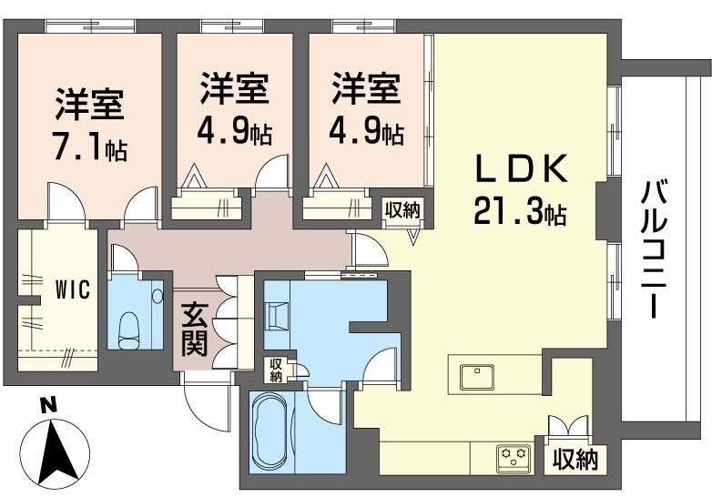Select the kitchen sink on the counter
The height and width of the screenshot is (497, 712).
pos(477,377)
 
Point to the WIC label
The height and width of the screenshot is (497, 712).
pos(73,289)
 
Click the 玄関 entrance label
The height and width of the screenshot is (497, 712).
pos(195,330)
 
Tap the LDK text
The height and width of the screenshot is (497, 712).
pos(522,168)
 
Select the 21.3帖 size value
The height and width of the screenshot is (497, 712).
pos(520,210)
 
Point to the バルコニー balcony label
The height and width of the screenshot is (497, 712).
pos(654,249)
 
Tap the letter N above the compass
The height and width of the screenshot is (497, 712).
pos(46,404)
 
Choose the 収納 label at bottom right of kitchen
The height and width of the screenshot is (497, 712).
pos(575,461)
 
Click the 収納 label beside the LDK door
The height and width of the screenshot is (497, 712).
pos(402,209)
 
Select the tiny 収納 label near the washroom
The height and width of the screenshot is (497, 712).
pos(276,370)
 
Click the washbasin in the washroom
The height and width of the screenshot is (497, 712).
pos(277,315)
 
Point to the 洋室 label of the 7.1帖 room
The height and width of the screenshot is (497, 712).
pos(89,104)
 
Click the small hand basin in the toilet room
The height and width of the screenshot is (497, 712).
pos(158,297)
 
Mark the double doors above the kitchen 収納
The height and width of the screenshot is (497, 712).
pos(568,426)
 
